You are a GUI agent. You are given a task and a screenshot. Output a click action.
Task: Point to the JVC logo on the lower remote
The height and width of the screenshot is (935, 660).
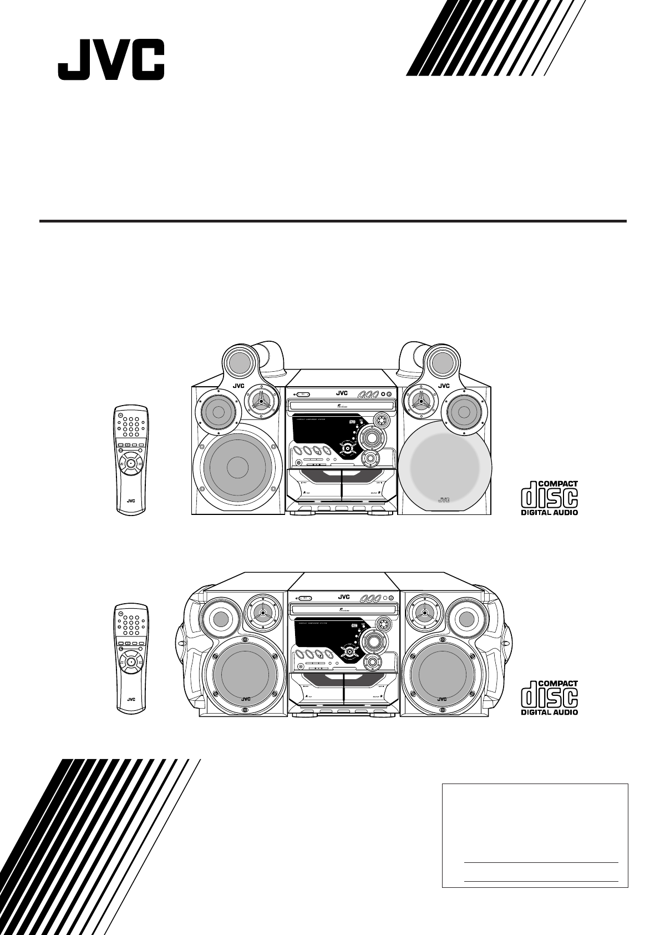coord(131,700)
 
